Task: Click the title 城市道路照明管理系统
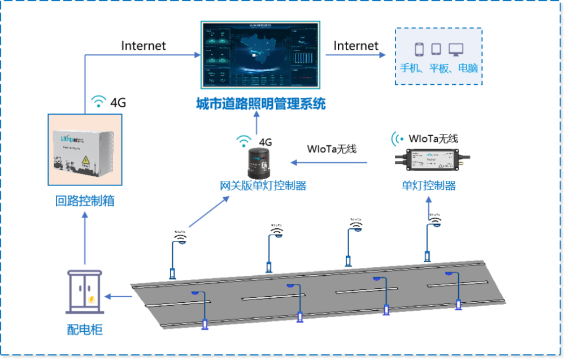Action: [260, 104]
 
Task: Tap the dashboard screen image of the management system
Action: [260, 55]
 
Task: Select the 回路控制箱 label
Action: [85, 200]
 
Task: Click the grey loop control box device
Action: [85, 150]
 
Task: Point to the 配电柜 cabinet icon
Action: [85, 291]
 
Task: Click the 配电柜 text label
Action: [85, 329]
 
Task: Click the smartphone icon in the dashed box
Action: [419, 50]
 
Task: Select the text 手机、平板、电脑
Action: [438, 68]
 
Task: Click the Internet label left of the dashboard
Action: [144, 46]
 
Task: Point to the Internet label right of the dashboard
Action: [356, 45]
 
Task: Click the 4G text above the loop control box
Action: [118, 103]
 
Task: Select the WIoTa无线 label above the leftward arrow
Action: [332, 149]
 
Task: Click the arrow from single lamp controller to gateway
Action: [330, 163]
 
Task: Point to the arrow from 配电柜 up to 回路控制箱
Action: [85, 237]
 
